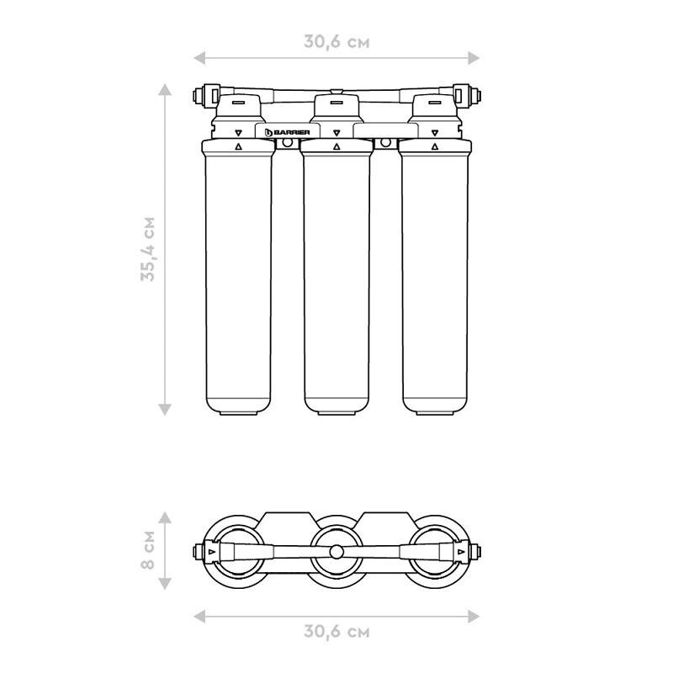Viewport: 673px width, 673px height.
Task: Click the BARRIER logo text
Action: (x=291, y=132)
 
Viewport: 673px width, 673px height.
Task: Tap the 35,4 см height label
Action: (x=148, y=249)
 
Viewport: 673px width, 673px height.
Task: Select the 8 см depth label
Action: (x=148, y=550)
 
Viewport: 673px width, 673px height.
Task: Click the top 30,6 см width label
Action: (x=336, y=42)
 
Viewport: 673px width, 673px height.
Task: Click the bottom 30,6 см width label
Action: (x=336, y=632)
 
